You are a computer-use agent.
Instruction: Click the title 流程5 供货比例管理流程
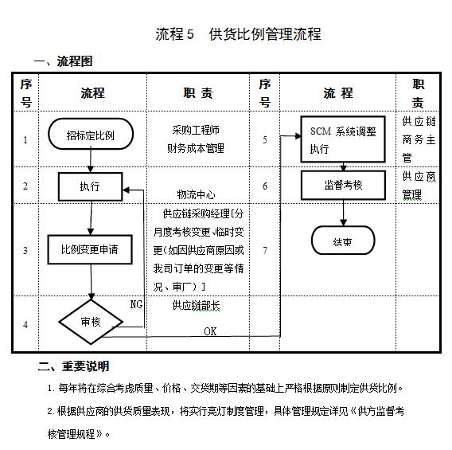(238, 34)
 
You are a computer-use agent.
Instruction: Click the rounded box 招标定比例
(90, 135)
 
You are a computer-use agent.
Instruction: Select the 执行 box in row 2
(90, 186)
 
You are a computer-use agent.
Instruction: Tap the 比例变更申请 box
(90, 249)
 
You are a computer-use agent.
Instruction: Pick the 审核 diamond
(90, 323)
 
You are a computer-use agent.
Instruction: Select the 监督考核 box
(343, 185)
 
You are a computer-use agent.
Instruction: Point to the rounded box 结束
(343, 239)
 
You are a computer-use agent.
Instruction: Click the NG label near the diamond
(136, 303)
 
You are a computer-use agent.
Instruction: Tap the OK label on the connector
(210, 331)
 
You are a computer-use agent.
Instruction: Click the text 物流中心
(196, 194)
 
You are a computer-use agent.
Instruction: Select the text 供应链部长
(196, 305)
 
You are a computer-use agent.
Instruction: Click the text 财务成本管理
(196, 148)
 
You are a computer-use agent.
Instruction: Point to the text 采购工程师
(196, 129)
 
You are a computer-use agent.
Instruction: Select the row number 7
(264, 250)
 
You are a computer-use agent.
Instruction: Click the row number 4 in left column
(25, 324)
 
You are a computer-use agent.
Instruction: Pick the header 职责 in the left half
(198, 93)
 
